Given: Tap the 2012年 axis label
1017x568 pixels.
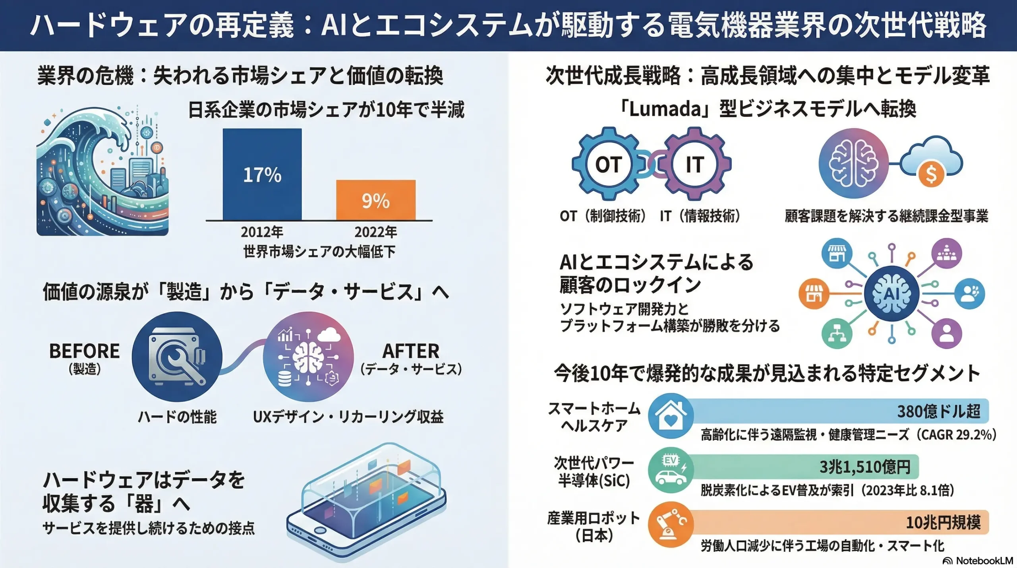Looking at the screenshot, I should click(x=262, y=232).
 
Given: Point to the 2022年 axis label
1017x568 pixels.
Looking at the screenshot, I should click(x=375, y=232).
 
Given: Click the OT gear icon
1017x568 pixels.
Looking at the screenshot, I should click(x=608, y=164).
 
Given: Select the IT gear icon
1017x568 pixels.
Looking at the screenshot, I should click(x=695, y=164).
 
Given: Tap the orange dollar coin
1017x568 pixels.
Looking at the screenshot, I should click(x=931, y=174).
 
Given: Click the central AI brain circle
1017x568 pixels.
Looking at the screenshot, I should click(x=891, y=294).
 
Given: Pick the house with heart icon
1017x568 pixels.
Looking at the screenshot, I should click(x=671, y=416).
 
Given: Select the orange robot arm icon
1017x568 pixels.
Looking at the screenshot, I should click(x=671, y=525).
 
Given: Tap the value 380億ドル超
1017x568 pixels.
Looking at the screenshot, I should click(x=939, y=411).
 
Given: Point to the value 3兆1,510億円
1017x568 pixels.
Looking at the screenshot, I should click(x=865, y=467).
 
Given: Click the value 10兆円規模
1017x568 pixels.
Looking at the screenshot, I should click(x=943, y=522).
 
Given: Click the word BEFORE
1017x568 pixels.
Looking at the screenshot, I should click(x=84, y=351).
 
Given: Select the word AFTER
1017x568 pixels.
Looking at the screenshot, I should click(x=411, y=351).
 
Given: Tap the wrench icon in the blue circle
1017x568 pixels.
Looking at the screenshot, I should click(x=177, y=357).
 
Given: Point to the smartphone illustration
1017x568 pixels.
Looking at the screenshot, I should click(x=365, y=505).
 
